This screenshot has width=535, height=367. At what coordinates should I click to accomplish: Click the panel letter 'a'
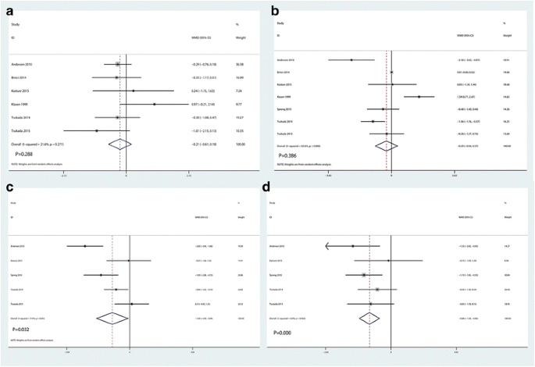coord(9,10)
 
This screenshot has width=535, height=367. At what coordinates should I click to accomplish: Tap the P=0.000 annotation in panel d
coord(289,333)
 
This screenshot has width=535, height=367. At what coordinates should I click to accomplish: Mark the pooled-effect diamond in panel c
coord(112,318)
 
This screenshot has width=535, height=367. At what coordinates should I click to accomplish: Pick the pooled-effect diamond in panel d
coord(369,318)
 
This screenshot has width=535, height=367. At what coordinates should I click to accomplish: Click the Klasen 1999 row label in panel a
coord(24,103)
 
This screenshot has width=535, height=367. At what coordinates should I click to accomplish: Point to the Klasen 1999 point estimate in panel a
coord(154,103)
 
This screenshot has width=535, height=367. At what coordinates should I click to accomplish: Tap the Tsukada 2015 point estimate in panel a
coord(96,130)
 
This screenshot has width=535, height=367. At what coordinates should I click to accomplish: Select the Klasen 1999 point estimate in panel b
coord(419,97)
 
